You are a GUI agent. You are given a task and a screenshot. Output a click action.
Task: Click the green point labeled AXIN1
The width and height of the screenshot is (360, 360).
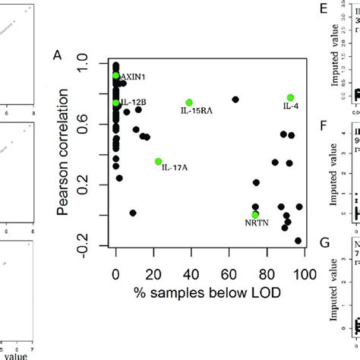(115, 75)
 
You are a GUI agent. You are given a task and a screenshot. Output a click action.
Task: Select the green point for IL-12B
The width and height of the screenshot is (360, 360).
(115, 103)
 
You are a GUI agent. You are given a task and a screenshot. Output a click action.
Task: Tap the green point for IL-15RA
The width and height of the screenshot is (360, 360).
(189, 103)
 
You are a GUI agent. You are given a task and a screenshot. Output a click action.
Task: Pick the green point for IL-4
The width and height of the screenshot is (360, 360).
(290, 97)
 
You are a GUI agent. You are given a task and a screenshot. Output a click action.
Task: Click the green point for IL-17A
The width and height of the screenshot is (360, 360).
(158, 161)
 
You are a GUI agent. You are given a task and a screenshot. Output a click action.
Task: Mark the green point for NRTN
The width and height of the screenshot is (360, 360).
(255, 215)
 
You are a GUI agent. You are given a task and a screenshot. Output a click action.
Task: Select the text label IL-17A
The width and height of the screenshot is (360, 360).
(175, 168)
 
